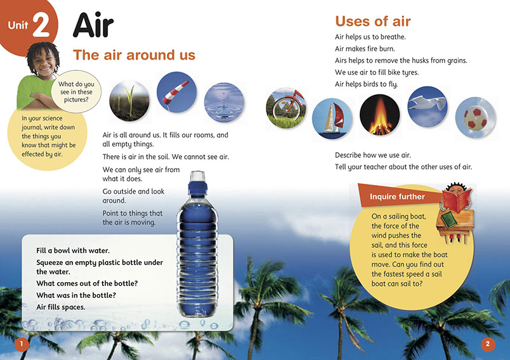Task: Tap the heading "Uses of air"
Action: click(373, 22)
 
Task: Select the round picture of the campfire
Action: click(379, 115)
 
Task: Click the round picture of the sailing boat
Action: click(332, 119)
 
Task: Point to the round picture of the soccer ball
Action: click(475, 117)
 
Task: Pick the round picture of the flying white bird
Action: click(428, 106)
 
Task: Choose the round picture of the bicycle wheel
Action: click(286, 108)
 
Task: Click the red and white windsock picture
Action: click(176, 92)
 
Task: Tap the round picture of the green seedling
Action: click(129, 101)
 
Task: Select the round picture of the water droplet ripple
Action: click(224, 103)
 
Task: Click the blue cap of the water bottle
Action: click(197, 188)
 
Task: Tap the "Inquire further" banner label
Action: click(397, 196)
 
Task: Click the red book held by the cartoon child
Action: click(457, 200)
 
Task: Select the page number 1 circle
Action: click(22, 344)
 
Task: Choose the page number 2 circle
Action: click(488, 344)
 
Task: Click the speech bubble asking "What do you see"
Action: click(76, 92)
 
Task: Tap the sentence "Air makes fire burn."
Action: click(365, 49)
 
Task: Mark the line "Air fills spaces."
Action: click(61, 307)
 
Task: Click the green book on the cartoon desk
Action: click(449, 219)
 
